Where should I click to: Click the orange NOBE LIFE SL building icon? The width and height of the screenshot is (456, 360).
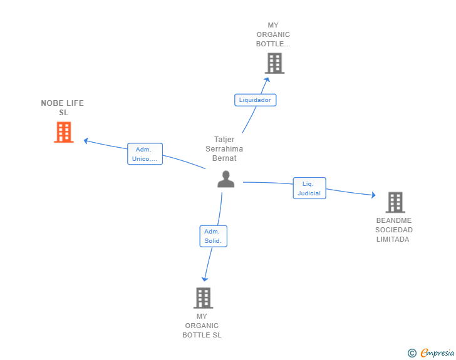(x=64, y=132)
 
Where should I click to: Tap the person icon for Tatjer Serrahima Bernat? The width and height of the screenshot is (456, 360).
(x=225, y=179)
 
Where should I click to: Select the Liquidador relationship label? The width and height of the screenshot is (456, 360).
(x=255, y=100)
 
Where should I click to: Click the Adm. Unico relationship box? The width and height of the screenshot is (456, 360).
(x=145, y=154)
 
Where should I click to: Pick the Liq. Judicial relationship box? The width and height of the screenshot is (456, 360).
(x=309, y=188)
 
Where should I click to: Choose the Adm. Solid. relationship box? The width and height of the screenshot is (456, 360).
(x=213, y=236)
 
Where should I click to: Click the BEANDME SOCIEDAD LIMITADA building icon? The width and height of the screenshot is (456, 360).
(x=395, y=202)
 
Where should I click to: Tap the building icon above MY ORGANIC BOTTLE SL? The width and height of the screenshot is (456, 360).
(x=204, y=298)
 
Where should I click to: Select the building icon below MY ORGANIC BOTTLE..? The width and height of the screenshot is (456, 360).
(x=274, y=63)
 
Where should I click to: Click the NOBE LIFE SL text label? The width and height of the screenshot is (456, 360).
(x=63, y=108)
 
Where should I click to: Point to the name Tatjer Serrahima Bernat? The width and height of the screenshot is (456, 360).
(x=224, y=149)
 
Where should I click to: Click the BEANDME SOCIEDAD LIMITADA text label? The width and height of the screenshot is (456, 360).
(x=394, y=230)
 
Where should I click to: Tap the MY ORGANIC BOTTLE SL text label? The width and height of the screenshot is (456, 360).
(x=202, y=326)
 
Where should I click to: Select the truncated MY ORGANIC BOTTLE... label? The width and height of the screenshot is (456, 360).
(x=273, y=34)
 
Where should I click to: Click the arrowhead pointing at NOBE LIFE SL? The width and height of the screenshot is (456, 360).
(x=86, y=141)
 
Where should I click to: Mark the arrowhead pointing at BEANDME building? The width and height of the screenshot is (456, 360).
(x=373, y=195)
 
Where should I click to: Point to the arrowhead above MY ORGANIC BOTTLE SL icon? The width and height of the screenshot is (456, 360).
(x=205, y=279)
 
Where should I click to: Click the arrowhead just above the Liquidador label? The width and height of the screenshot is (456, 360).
(x=267, y=80)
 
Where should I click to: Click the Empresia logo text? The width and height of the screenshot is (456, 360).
(x=437, y=352)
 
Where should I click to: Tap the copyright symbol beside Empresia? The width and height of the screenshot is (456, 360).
(x=412, y=353)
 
